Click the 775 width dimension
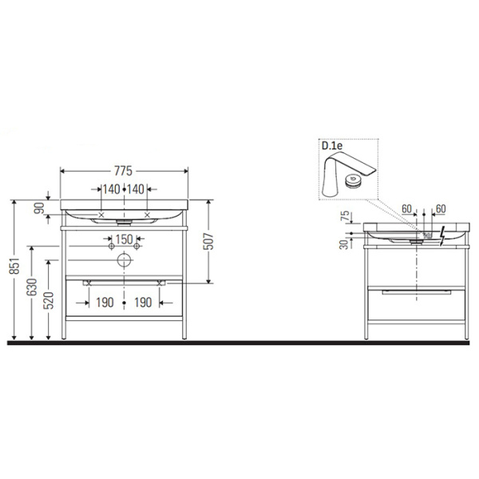pyautogui.click(x=124, y=171)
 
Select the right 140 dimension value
pyautogui.click(x=136, y=189)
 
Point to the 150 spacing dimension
pyautogui.click(x=123, y=239)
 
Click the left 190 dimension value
pyautogui.click(x=105, y=303)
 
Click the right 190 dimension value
pyautogui.click(x=143, y=303)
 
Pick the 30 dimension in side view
pyautogui.click(x=344, y=243)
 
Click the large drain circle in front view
pyautogui.click(x=124, y=260)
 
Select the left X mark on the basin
pyautogui.click(x=101, y=215)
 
